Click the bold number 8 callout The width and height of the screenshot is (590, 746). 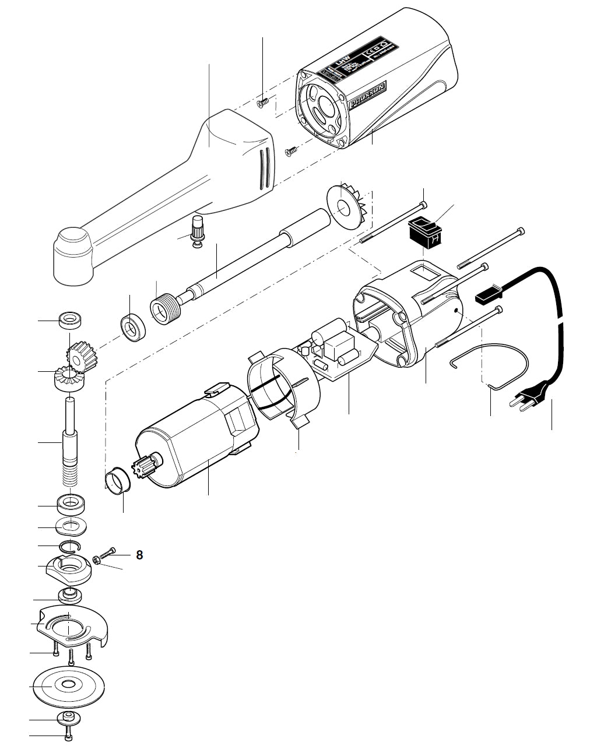click(139, 555)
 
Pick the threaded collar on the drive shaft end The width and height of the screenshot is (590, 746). click(165, 306)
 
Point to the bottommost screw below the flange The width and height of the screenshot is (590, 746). click(69, 736)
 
